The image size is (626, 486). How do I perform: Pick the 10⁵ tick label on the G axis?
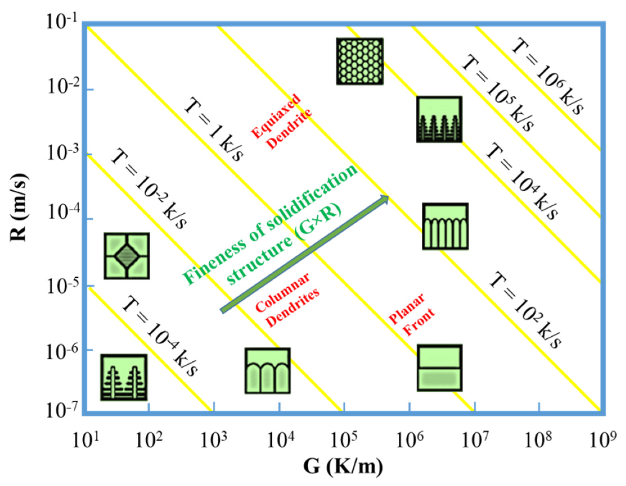pos(343,440)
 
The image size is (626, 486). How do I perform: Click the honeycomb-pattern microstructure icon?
pos(360,61)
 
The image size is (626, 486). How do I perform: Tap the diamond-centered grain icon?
pos(126,256)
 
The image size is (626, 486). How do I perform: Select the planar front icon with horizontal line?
pos(439,368)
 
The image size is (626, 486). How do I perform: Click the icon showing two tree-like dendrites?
pos(124,377)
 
